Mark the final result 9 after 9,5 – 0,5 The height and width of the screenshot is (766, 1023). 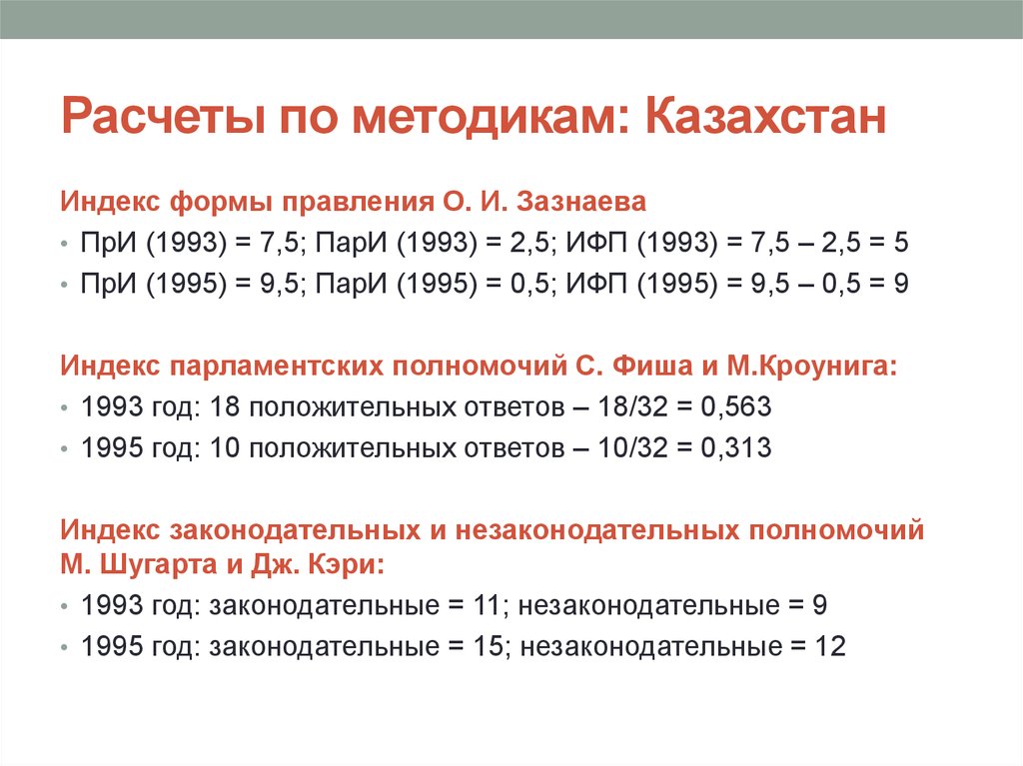point(901,284)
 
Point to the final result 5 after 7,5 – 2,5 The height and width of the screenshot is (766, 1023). point(901,243)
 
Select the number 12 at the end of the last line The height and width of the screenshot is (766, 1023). point(830,646)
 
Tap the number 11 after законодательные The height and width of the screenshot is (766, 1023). point(485,605)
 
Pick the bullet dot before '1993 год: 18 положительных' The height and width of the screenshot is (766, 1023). point(66,408)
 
